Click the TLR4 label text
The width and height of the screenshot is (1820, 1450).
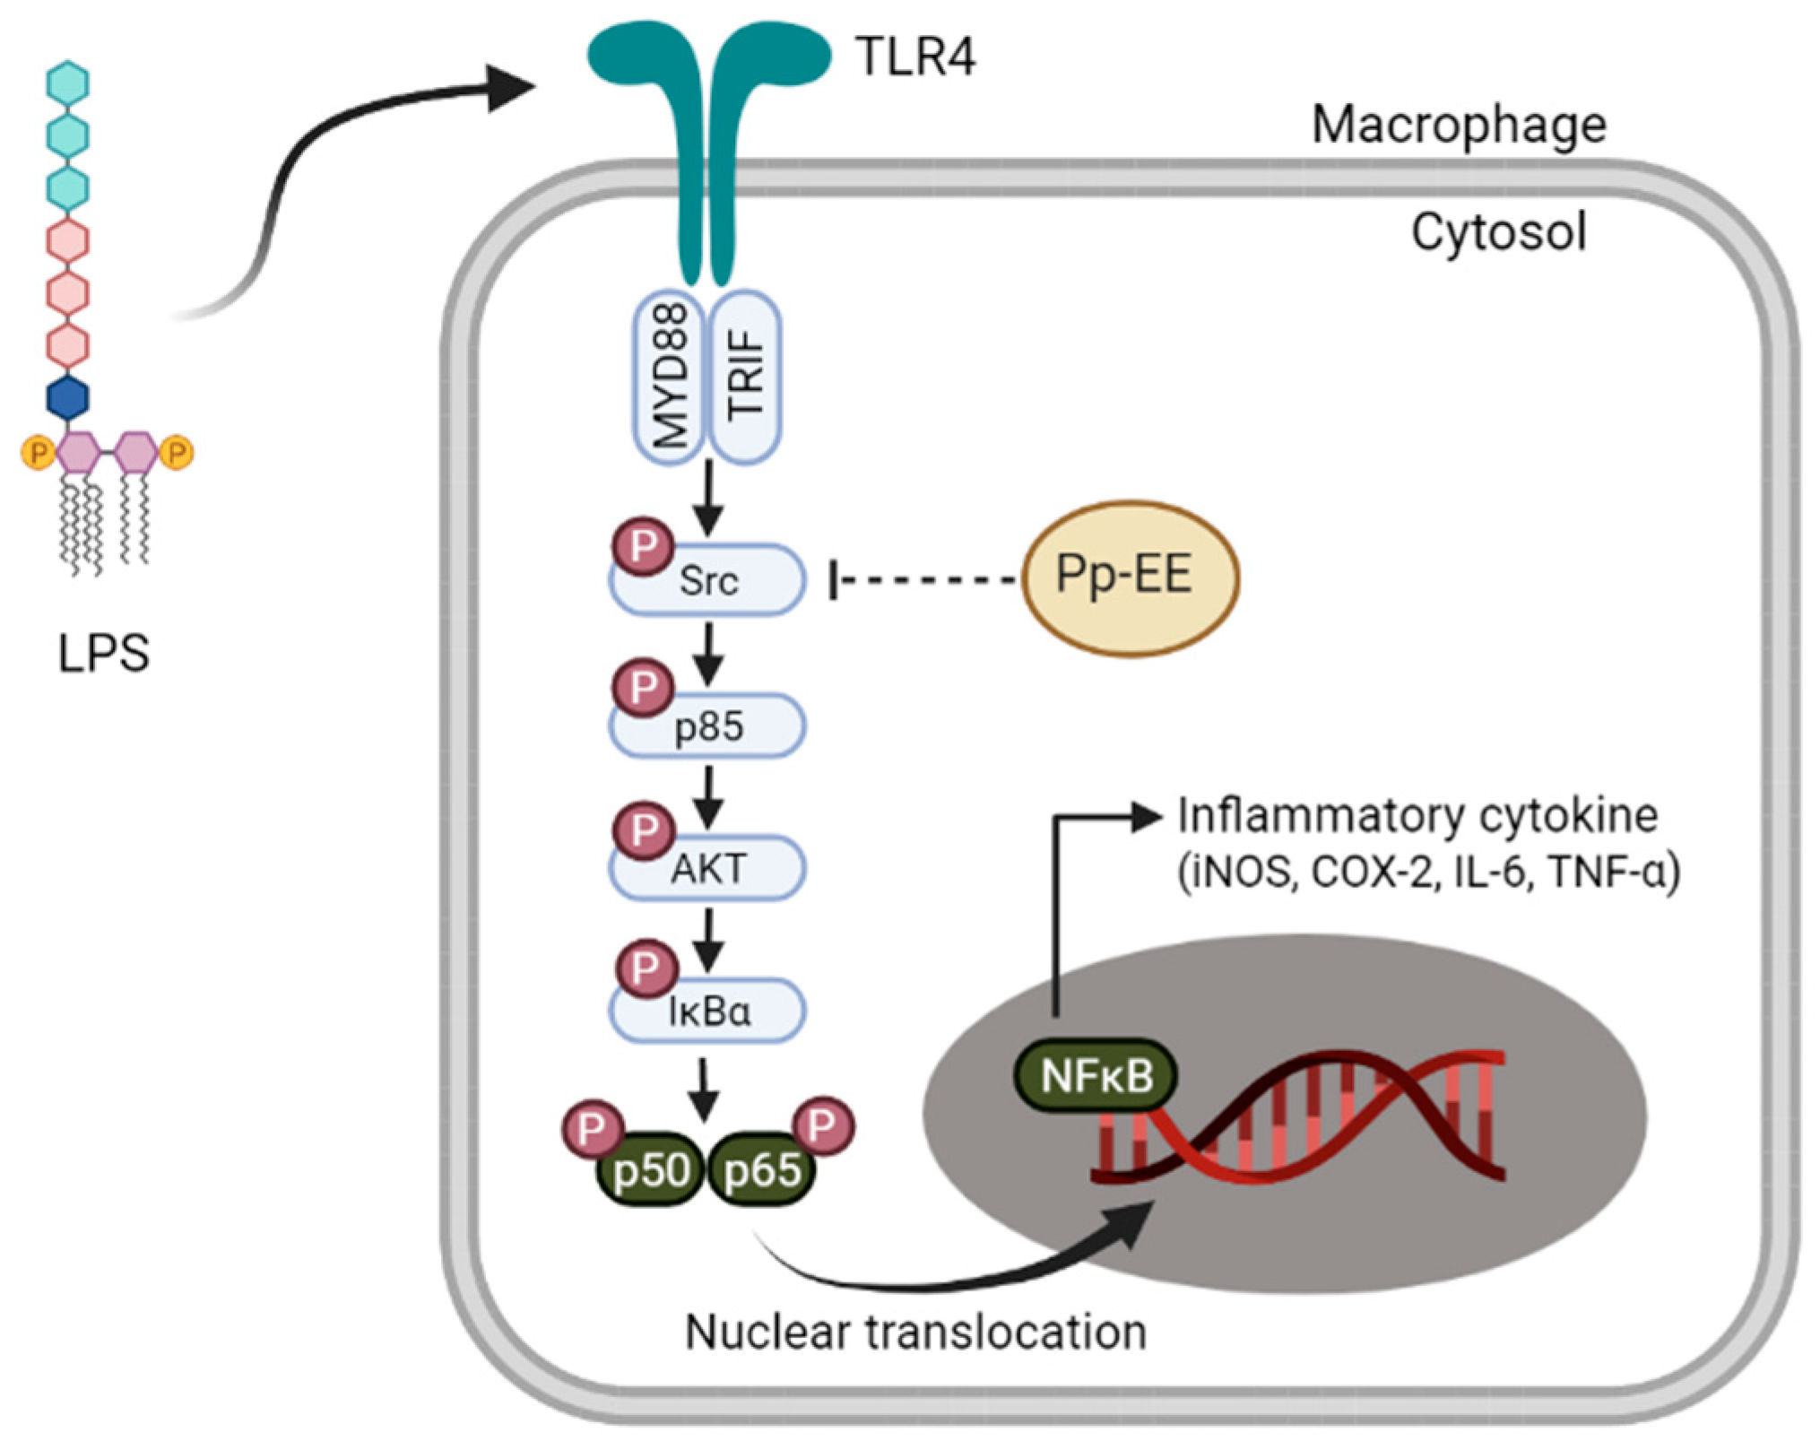[915, 56]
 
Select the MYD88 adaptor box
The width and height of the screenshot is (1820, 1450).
[670, 377]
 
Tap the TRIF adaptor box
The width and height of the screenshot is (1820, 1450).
[745, 377]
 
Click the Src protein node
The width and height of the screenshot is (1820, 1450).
[707, 580]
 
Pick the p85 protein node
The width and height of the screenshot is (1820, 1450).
[707, 725]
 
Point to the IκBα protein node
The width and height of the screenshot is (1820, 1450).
[707, 1011]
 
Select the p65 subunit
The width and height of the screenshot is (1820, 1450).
[762, 1169]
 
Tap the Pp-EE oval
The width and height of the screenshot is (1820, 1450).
[1131, 578]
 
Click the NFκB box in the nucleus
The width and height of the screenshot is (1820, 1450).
[1096, 1075]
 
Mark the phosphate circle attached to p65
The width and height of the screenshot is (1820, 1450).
[822, 1125]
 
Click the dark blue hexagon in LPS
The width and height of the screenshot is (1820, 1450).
[67, 397]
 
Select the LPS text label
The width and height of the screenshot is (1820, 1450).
[103, 654]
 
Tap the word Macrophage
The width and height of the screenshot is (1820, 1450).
[1459, 126]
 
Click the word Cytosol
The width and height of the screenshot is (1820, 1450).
[1499, 232]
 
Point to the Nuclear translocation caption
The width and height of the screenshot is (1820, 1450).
[915, 1332]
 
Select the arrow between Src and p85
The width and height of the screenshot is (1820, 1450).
[708, 654]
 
